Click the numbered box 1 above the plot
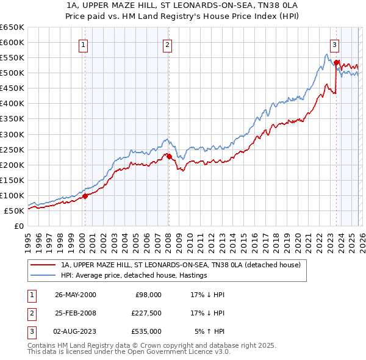point(82,44)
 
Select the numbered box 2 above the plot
point(167,44)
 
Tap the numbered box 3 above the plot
point(334,44)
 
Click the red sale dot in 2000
point(85,196)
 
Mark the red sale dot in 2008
point(169,156)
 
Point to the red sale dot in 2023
point(336,62)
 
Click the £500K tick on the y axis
point(12,73)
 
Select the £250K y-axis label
point(12,149)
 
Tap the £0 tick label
point(18,226)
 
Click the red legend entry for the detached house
point(181,265)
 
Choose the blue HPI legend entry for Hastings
point(134,275)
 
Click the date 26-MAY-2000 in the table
point(75,295)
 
